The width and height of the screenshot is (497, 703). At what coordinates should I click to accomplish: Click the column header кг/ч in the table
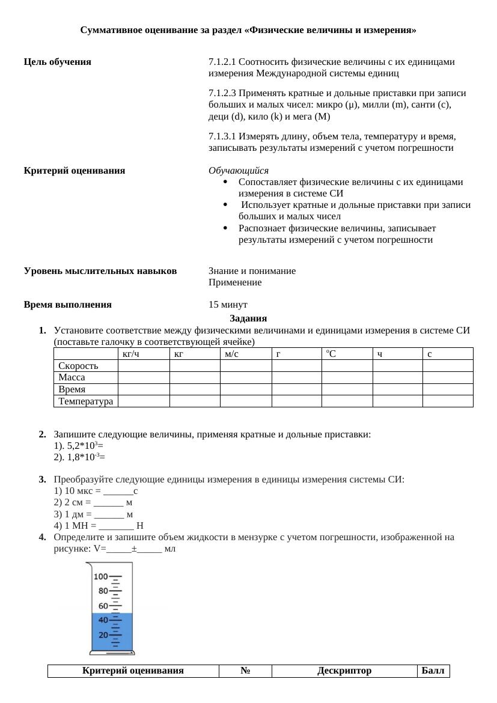coord(130,354)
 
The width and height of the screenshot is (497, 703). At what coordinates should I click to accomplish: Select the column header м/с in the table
coord(232,354)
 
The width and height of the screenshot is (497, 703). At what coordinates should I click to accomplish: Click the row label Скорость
coord(78,366)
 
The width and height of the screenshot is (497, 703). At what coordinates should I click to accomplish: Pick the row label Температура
coord(85,401)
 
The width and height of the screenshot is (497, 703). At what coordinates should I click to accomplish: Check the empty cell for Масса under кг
coord(195,377)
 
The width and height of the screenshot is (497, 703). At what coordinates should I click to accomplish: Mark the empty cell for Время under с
coord(448,389)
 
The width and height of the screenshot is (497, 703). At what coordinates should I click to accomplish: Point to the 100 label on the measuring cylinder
coord(100,577)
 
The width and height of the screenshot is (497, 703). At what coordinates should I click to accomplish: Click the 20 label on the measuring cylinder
coord(103,635)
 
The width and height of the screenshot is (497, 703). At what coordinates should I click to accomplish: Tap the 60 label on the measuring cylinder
coord(103,606)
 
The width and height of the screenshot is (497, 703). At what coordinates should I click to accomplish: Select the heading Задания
coord(248,318)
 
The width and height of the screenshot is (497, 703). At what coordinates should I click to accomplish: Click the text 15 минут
coord(228,305)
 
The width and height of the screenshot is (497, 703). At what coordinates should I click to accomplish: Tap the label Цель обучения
coord(58,62)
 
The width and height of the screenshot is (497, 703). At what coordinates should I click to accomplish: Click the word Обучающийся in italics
coord(239,171)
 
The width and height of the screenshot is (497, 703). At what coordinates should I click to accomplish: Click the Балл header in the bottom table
coord(433,671)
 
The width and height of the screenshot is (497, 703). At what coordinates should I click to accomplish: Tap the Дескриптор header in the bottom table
coord(344,671)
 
